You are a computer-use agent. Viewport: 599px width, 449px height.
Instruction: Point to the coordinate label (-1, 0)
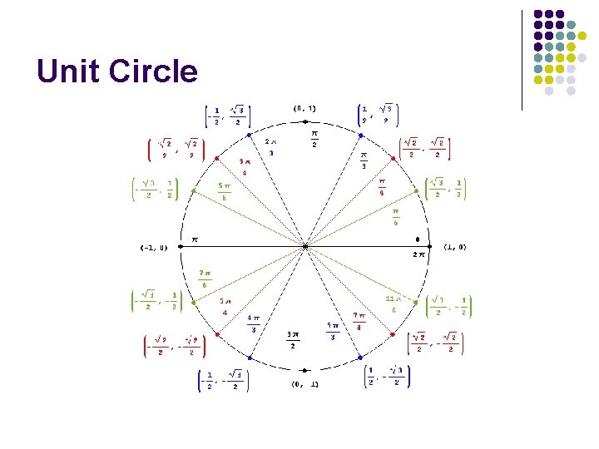154,247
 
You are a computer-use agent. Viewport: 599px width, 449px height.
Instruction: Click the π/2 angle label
314,138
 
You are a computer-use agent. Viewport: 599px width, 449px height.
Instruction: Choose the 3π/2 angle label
293,341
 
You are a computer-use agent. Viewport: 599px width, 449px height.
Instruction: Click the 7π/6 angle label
205,279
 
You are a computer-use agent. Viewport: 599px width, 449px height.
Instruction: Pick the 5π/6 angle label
224,191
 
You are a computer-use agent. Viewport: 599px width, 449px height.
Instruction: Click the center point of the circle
305,246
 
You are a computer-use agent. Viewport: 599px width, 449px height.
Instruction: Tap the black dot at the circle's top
305,122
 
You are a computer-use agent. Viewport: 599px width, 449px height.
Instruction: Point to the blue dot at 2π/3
244,139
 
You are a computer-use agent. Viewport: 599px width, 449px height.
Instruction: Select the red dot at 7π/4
394,334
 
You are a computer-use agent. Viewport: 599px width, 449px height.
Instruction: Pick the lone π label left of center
196,239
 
